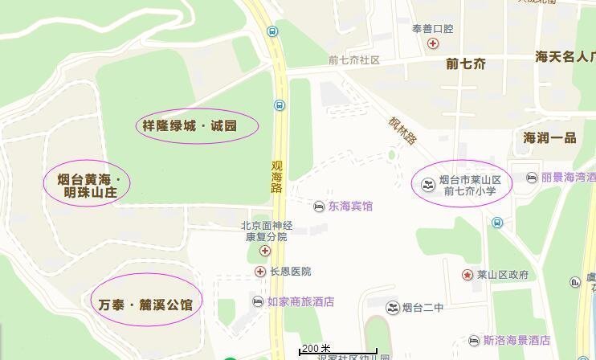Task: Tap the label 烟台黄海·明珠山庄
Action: (88, 184)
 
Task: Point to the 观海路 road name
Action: (277, 176)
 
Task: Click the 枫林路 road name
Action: (402, 130)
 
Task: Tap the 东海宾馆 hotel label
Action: (350, 207)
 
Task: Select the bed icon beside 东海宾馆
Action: (319, 207)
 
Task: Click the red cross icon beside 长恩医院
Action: (260, 272)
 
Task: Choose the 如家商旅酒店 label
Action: (300, 302)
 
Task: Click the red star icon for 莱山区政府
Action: (467, 275)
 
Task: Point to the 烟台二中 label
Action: (423, 307)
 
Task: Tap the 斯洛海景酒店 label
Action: (516, 341)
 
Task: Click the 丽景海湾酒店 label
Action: (568, 177)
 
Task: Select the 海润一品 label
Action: (549, 137)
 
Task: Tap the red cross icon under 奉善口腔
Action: (433, 43)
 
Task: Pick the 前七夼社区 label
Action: (353, 60)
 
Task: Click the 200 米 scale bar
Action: (337, 350)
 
